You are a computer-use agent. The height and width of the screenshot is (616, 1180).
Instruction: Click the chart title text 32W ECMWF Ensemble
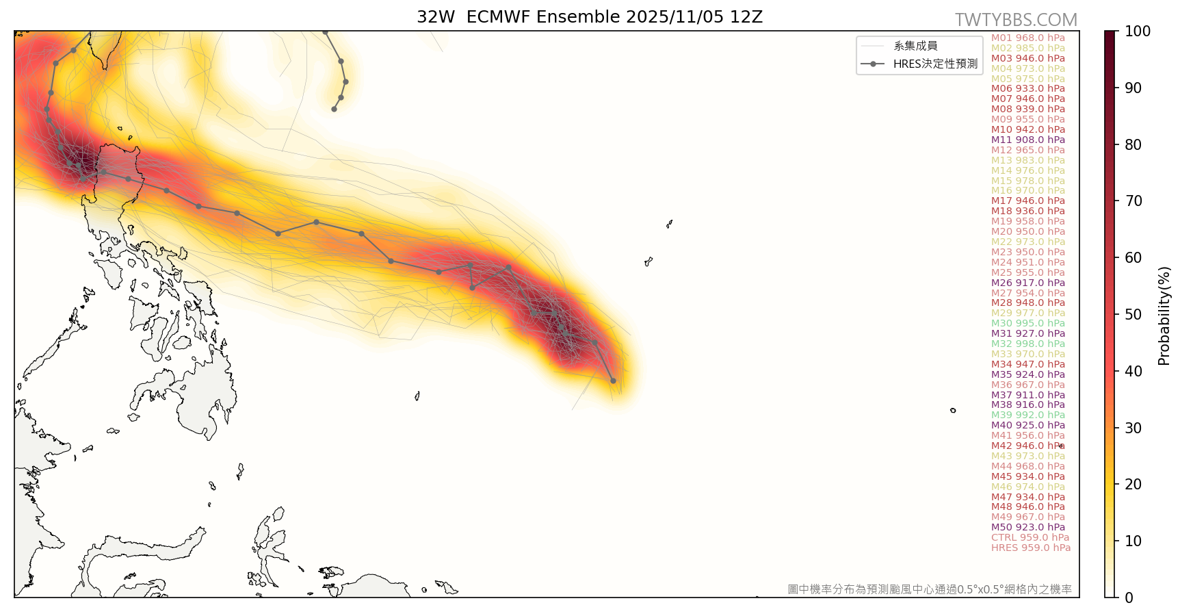[x=589, y=16]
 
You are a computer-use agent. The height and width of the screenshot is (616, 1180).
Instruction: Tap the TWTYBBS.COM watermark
[x=1016, y=20]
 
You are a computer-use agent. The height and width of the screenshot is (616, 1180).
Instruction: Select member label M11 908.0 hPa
[x=1027, y=140]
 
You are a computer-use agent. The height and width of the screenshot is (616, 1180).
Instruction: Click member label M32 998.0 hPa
[x=1027, y=344]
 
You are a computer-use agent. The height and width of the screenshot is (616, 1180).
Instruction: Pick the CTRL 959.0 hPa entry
[x=1030, y=537]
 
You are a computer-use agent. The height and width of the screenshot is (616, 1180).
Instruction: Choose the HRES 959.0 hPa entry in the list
[x=1030, y=548]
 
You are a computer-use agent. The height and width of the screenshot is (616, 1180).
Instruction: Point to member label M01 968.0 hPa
[x=1027, y=38]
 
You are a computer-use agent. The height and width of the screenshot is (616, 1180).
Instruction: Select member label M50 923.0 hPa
[x=1027, y=527]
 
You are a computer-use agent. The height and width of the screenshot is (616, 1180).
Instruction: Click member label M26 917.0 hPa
[x=1027, y=283]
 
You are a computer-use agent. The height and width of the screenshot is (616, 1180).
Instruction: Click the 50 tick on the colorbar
[x=1133, y=314]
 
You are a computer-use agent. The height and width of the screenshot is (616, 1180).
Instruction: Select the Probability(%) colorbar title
[x=1164, y=315]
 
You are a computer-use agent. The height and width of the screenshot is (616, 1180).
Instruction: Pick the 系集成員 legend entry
[x=915, y=46]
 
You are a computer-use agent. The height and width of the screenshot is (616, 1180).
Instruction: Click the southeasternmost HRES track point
[x=613, y=381]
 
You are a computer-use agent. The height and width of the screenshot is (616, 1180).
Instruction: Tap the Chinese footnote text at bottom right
[x=929, y=589]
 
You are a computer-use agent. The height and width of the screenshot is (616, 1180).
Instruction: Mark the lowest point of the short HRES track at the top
[x=334, y=109]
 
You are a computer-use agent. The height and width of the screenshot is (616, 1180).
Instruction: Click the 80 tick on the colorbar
[x=1133, y=144]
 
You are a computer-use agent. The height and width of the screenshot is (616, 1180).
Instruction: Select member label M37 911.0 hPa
[x=1027, y=395]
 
